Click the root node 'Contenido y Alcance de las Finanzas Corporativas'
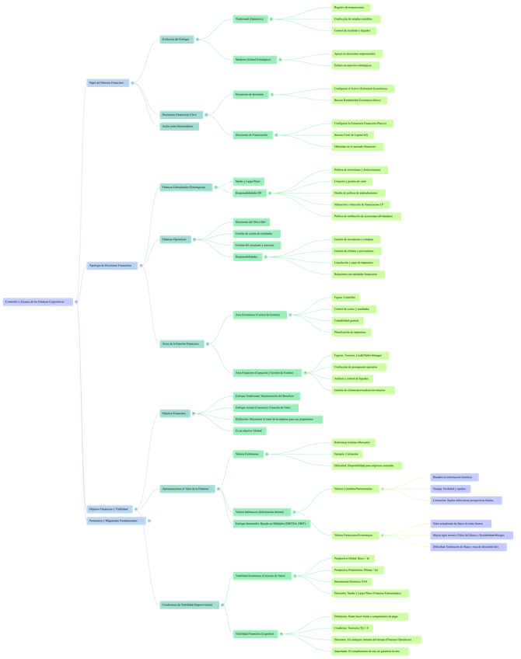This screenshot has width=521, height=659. pos(39,302)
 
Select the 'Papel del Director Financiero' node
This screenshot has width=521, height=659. pos(107,82)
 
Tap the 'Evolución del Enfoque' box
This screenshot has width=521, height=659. pos(177,39)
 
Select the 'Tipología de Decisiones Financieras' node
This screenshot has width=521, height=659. pos(112,266)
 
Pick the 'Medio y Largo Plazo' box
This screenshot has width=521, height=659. pos(249,182)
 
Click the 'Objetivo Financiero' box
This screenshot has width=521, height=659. pos(175,413)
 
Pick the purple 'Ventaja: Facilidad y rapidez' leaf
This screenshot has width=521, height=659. pos(451,489)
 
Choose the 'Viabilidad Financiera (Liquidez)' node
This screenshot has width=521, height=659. pos(255,634)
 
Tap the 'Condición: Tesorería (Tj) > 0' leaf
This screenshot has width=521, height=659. pos(352,628)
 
